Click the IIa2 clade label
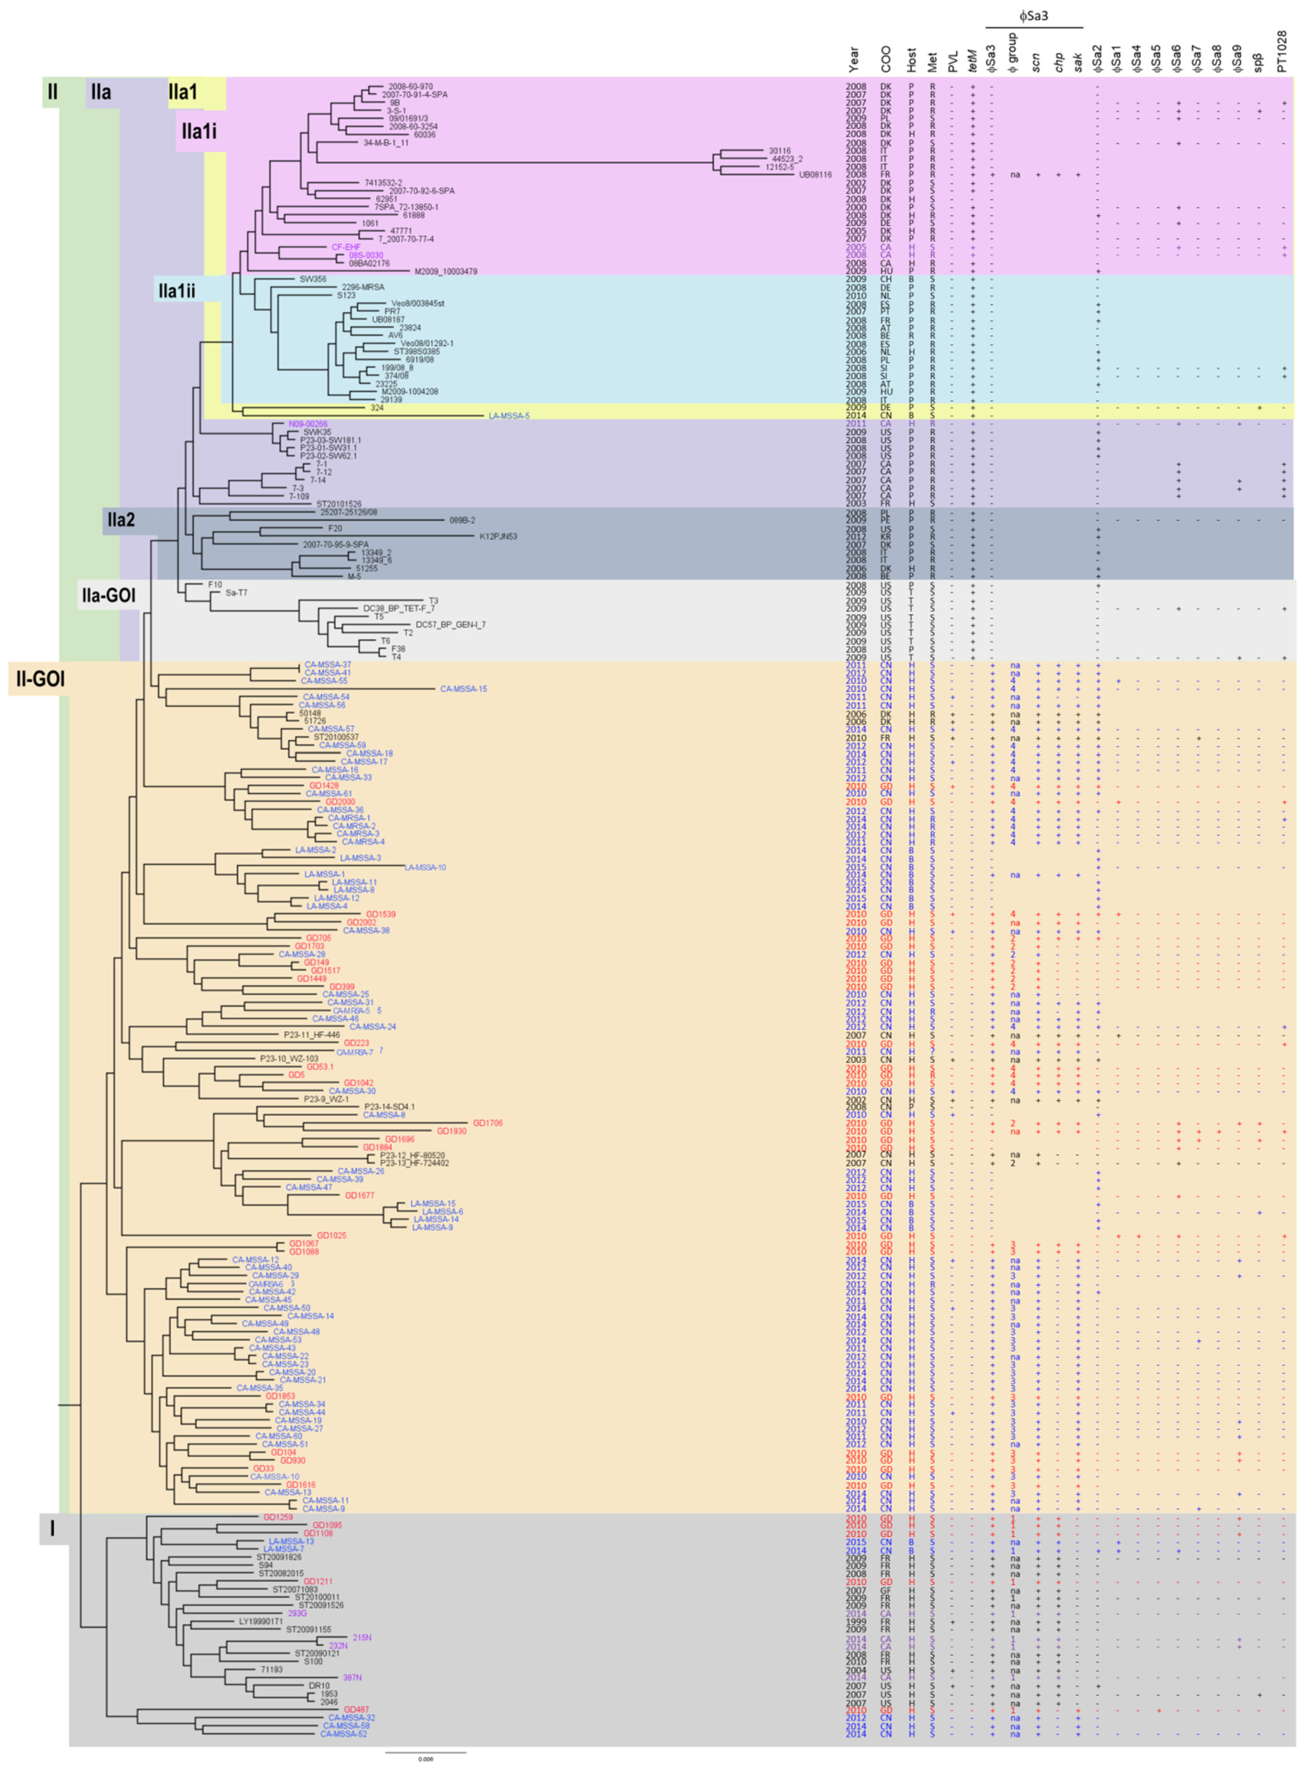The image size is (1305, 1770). tap(121, 520)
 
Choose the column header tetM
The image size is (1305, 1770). tap(973, 59)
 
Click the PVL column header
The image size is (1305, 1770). tap(953, 63)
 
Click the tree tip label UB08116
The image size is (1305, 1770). tap(815, 175)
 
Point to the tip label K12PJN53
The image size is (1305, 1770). tap(498, 536)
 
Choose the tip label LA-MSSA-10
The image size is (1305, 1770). tap(425, 867)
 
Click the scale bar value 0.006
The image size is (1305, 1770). tap(426, 1759)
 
